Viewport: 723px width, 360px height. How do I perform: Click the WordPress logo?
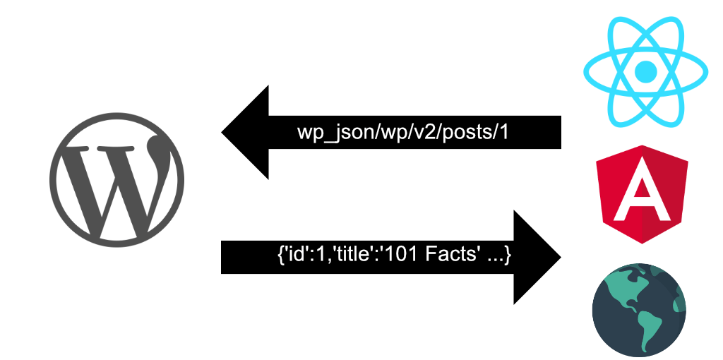coord(116,179)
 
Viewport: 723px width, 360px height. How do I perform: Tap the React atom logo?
coord(645,71)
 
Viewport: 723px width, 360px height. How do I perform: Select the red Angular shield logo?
coord(642,194)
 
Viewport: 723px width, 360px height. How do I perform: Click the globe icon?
coord(639,310)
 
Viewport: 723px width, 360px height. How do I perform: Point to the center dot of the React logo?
coord(645,71)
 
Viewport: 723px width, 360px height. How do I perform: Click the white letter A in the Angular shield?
coord(642,193)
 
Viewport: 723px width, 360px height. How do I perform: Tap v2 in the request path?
coord(426,133)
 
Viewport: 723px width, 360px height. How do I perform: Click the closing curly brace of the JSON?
coord(508,254)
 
